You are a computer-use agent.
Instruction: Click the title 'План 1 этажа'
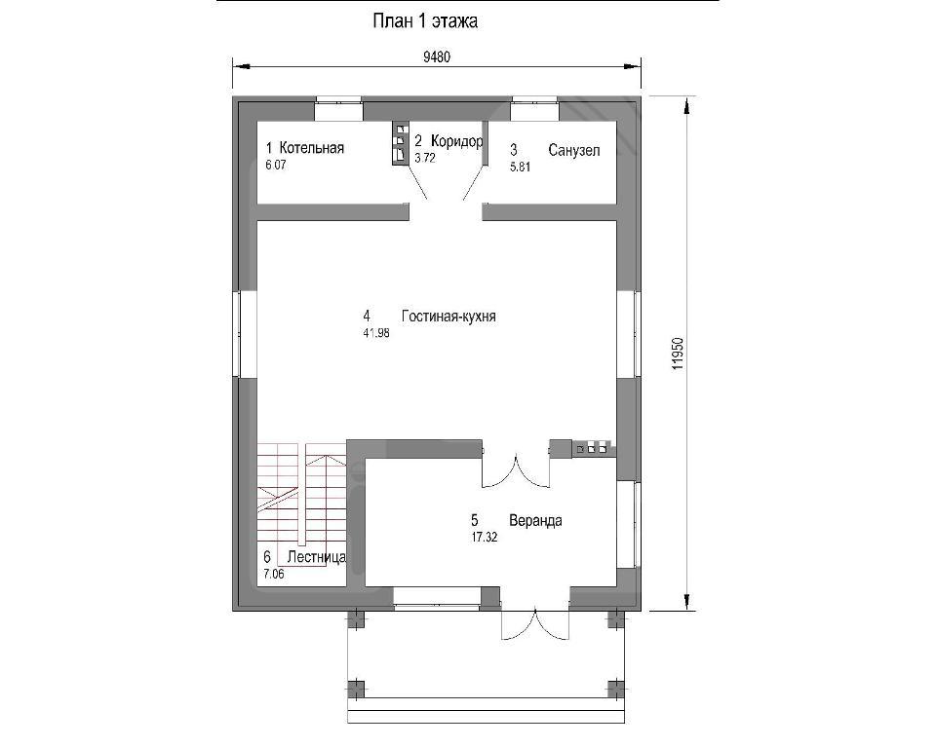click(x=425, y=21)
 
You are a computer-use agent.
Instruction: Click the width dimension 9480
click(x=437, y=57)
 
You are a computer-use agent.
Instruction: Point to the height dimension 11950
click(x=677, y=354)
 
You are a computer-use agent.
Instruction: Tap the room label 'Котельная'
click(x=312, y=148)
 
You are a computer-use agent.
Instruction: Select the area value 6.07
click(x=276, y=166)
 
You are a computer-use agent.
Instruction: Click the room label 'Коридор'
click(x=456, y=141)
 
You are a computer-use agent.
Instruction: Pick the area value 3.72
click(x=425, y=158)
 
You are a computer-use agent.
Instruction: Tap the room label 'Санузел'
click(x=573, y=150)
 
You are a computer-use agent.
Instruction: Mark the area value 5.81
click(x=520, y=167)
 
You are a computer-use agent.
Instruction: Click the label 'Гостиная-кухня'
click(x=448, y=317)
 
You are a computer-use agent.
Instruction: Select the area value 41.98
click(x=376, y=333)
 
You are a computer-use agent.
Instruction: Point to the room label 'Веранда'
click(x=535, y=521)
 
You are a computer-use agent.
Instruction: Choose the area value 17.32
click(x=485, y=538)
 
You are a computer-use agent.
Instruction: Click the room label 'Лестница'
click(x=316, y=557)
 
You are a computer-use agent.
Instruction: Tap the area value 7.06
click(x=274, y=575)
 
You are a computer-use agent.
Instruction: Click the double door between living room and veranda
click(x=516, y=471)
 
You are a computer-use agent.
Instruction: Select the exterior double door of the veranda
click(x=535, y=624)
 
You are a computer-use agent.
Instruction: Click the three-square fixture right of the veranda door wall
click(x=591, y=448)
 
